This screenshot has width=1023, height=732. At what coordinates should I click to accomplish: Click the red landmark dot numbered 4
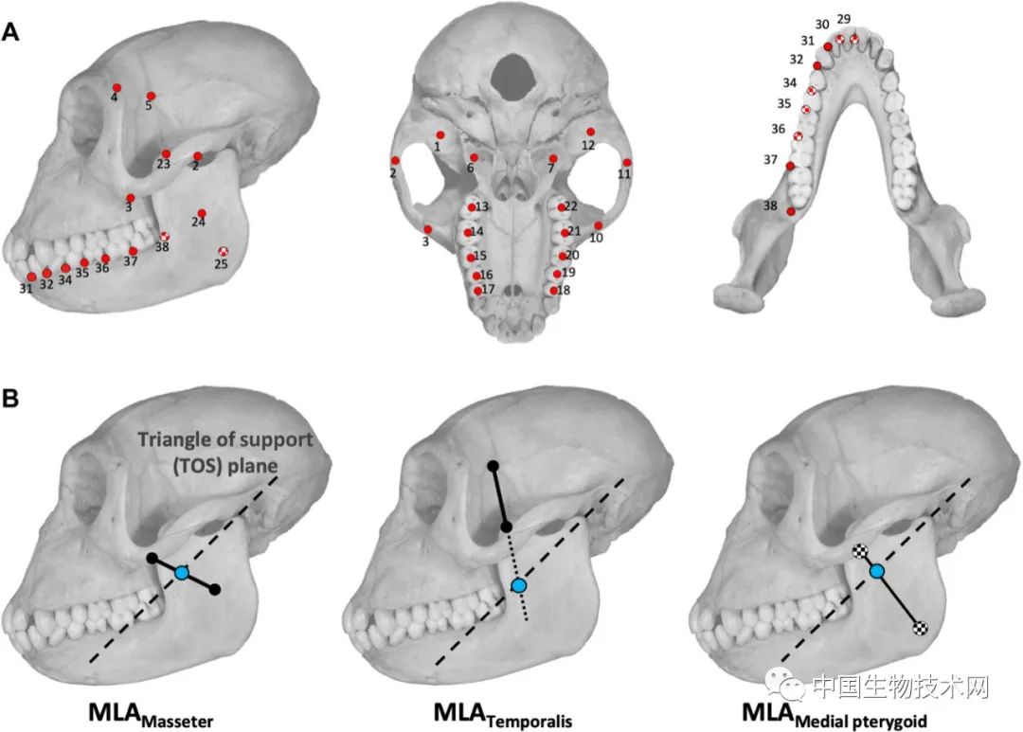[117, 87]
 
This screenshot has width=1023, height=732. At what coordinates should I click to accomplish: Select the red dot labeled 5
[152, 96]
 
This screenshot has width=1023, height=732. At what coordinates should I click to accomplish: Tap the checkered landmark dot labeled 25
[224, 251]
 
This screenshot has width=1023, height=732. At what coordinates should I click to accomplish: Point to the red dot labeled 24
[203, 213]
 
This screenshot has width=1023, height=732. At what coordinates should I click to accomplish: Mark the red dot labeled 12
[590, 132]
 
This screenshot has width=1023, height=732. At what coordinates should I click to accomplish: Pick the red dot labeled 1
[440, 135]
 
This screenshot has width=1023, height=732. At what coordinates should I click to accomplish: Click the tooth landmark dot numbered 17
[478, 291]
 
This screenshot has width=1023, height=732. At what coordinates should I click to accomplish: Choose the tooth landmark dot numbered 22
[561, 208]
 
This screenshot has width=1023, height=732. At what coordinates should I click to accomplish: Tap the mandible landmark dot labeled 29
[854, 39]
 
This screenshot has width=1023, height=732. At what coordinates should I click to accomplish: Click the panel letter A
[10, 31]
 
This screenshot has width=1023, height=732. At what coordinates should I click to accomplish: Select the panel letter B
[9, 398]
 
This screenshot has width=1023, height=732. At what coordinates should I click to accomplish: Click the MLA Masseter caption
[151, 714]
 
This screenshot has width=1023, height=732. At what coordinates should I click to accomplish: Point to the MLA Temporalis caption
[503, 714]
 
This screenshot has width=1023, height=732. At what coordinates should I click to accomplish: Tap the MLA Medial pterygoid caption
[835, 714]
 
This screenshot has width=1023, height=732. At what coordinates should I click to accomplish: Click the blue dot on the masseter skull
[182, 573]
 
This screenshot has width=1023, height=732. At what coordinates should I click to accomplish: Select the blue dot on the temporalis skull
[519, 586]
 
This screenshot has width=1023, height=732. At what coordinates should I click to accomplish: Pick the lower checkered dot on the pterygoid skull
[921, 629]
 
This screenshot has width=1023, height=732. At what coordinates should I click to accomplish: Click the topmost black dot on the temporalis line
[494, 466]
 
